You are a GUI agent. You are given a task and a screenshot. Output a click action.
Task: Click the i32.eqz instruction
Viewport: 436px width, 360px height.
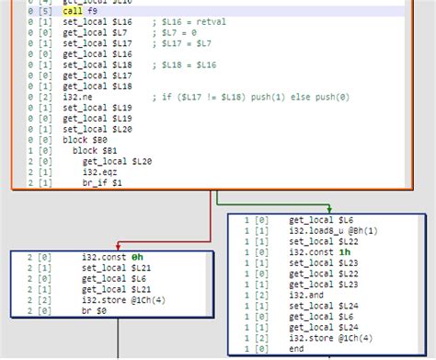pyautogui.click(x=100, y=170)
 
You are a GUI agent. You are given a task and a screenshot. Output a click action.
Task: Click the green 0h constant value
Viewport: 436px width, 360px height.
pyautogui.click(x=137, y=257)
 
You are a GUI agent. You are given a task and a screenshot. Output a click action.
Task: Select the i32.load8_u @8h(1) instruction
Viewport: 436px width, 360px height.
pyautogui.click(x=332, y=231)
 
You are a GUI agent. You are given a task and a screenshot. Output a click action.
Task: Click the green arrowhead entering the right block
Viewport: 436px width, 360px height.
pyautogui.click(x=328, y=209)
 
